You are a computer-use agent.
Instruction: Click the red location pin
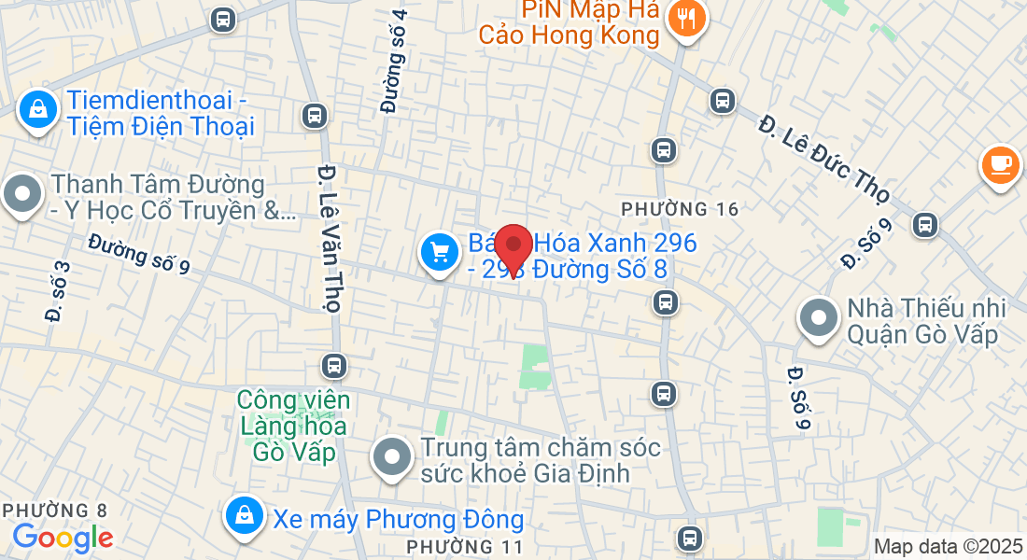point(513,246)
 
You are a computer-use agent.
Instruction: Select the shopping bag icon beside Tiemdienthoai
point(37,108)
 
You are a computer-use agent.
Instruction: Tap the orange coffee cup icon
point(1000,163)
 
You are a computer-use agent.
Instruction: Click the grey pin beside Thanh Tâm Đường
point(22,196)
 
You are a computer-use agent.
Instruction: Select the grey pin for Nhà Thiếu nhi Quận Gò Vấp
point(819,318)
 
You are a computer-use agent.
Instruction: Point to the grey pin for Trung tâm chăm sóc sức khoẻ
point(392,457)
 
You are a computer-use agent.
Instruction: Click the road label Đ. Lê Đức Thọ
point(823,159)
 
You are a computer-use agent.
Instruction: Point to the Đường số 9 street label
point(139,254)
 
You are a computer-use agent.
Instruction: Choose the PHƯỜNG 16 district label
point(679,208)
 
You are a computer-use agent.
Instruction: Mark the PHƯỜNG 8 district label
point(55,511)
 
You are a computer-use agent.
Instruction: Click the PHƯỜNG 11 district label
point(466,544)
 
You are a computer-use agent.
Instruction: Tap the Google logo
point(63,538)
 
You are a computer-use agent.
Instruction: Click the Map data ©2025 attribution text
point(948,547)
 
